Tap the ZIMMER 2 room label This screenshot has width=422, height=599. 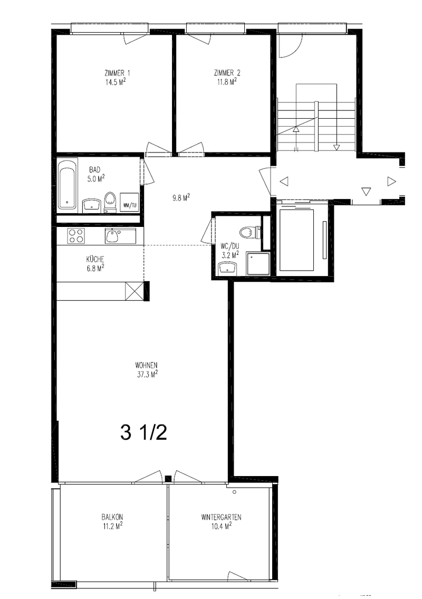click(227, 73)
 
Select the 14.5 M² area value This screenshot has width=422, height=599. click(117, 82)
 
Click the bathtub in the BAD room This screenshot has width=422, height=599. click(68, 185)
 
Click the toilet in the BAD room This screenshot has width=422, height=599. click(110, 202)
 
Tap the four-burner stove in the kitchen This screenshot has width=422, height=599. click(75, 235)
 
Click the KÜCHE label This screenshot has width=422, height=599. click(95, 259)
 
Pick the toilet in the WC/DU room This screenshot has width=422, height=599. click(250, 231)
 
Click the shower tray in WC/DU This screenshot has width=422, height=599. click(258, 263)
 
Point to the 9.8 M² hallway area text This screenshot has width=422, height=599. click(181, 197)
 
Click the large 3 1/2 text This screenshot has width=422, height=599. click(143, 433)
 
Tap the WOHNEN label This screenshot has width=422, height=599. click(146, 365)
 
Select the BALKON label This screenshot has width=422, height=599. click(112, 517)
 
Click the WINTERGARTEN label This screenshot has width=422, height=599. click(221, 518)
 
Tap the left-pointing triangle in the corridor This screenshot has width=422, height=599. click(284, 182)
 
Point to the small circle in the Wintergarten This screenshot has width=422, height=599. click(234, 492)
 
